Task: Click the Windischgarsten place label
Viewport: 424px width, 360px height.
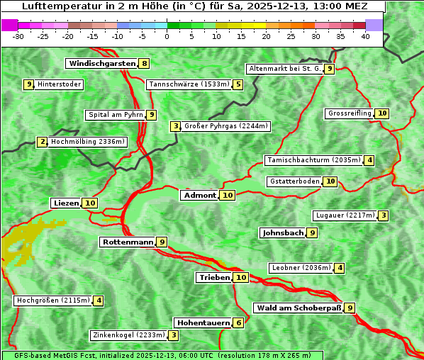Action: pyautogui.click(x=101, y=64)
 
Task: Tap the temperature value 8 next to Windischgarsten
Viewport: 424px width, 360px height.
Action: pyautogui.click(x=145, y=64)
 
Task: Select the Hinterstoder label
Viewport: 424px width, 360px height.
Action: pyautogui.click(x=60, y=85)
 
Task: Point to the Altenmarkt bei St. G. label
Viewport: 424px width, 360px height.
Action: pyautogui.click(x=284, y=69)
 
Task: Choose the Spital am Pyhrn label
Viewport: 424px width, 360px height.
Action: pyautogui.click(x=115, y=115)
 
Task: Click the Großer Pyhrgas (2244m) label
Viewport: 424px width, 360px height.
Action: pyautogui.click(x=225, y=126)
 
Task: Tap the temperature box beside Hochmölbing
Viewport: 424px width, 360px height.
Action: pyautogui.click(x=43, y=142)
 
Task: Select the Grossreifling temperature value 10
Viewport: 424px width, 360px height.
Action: pyautogui.click(x=382, y=113)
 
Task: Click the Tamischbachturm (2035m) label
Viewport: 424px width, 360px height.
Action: pyautogui.click(x=313, y=160)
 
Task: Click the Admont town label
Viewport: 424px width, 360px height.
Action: pyautogui.click(x=199, y=196)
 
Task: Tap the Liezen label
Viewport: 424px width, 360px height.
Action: pyautogui.click(x=66, y=203)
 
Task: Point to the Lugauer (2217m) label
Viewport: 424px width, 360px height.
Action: pyautogui.click(x=345, y=215)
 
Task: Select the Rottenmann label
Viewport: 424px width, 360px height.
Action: pyautogui.click(x=128, y=242)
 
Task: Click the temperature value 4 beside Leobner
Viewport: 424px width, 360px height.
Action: pyautogui.click(x=340, y=268)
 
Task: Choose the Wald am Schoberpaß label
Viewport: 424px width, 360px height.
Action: pyautogui.click(x=298, y=308)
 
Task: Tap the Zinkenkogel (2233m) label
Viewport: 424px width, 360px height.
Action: pyautogui.click(x=128, y=335)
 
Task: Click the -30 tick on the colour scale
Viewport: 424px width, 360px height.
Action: pyautogui.click(x=18, y=36)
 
